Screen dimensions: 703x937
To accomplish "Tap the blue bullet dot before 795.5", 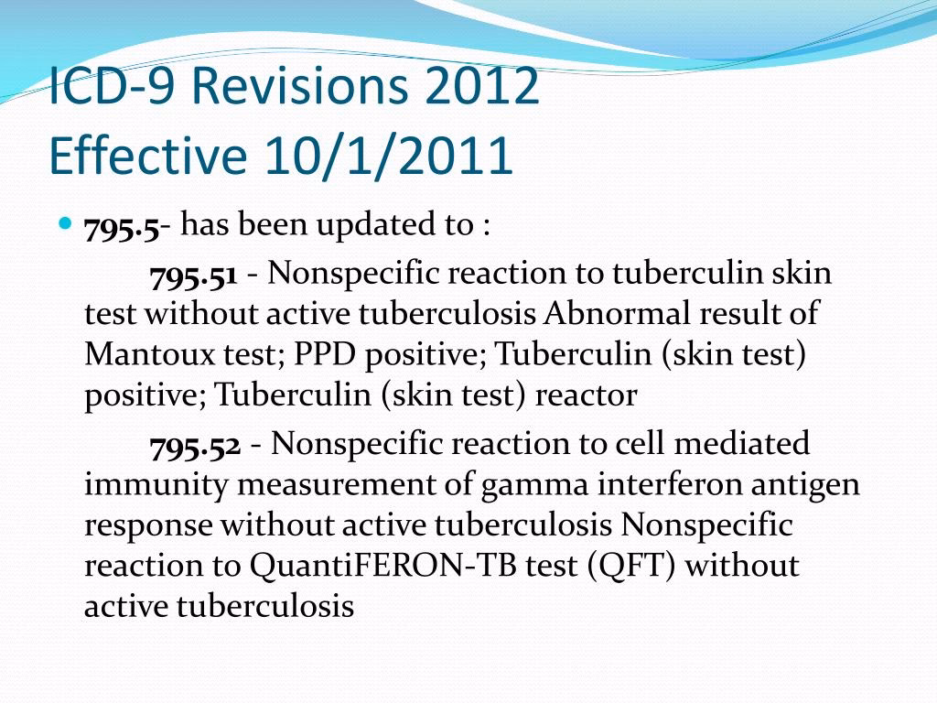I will [65, 223].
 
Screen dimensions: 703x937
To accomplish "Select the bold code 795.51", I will [193, 274].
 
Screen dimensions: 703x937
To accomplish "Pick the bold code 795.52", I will [195, 445].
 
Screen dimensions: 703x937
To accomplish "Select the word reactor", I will [586, 395].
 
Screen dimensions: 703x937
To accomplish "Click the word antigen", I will [809, 485].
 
